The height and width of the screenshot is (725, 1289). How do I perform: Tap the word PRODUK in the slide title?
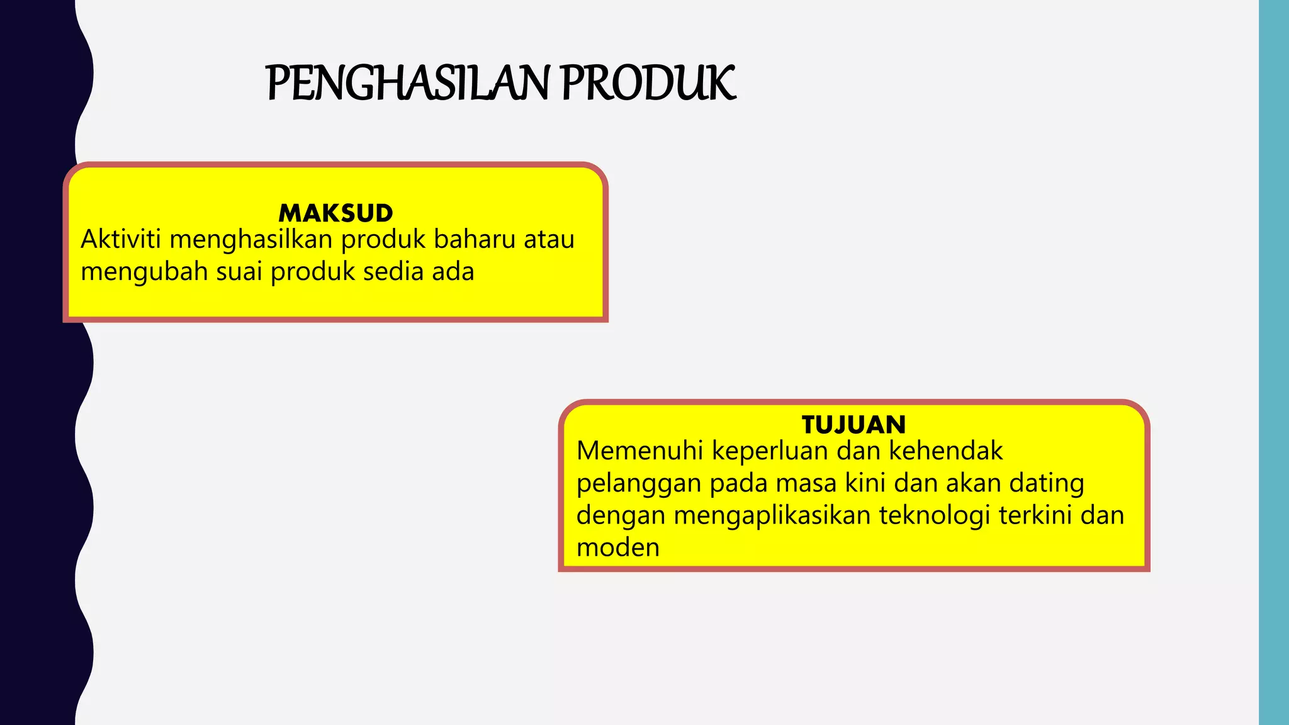[x=648, y=84]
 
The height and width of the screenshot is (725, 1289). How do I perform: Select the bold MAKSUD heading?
[x=335, y=213]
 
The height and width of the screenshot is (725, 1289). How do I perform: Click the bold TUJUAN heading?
[x=853, y=425]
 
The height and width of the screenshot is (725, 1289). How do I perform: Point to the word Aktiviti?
[x=121, y=240]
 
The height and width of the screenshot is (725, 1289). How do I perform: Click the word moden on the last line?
[x=617, y=548]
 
